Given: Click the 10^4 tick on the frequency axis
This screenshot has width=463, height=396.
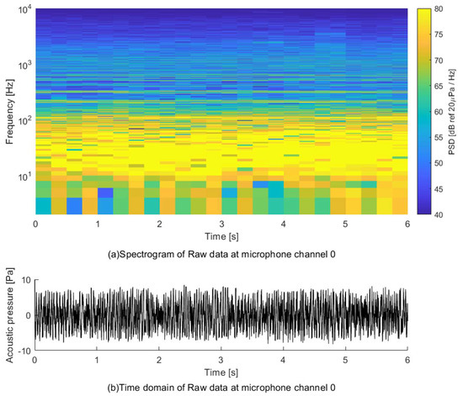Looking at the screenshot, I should click(x=22, y=8).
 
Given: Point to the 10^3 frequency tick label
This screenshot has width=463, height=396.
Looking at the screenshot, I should click(x=22, y=65).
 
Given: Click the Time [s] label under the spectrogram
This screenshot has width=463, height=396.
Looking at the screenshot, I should click(x=221, y=237).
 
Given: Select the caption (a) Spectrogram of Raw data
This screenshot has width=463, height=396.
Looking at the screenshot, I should click(x=221, y=253).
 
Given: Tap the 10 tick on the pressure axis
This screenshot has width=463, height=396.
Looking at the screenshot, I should click(x=25, y=279).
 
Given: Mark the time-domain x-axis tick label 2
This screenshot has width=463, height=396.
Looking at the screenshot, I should click(x=159, y=360).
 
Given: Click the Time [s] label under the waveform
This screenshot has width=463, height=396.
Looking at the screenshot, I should click(x=221, y=372).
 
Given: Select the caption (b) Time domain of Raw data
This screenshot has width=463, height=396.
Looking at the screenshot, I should click(x=221, y=388).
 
